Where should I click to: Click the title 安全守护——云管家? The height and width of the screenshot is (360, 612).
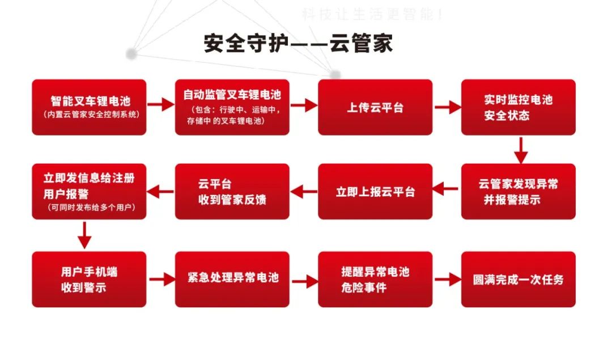click(x=298, y=44)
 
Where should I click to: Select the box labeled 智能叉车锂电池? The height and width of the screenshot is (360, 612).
click(x=89, y=107)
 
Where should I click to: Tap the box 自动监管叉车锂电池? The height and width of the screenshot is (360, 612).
click(x=232, y=107)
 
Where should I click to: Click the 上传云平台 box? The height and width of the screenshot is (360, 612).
click(x=375, y=107)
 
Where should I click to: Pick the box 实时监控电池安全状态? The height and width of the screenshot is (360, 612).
click(x=518, y=107)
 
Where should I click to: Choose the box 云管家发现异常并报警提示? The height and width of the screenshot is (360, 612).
click(x=518, y=192)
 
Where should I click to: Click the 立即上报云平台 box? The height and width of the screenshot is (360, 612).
click(x=375, y=192)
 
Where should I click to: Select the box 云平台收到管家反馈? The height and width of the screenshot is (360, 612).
click(x=232, y=192)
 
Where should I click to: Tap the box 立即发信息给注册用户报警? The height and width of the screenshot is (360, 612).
click(x=89, y=192)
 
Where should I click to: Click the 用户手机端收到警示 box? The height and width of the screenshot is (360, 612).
click(x=89, y=279)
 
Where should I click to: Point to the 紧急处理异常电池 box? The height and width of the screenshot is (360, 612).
click(x=232, y=279)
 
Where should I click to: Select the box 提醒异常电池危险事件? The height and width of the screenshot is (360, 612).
click(x=375, y=279)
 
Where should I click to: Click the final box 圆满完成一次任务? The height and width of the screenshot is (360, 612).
click(x=518, y=279)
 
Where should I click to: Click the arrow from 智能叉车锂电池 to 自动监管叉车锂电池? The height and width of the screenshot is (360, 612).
click(x=160, y=104)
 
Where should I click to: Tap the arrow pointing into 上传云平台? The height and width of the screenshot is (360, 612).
click(x=304, y=105)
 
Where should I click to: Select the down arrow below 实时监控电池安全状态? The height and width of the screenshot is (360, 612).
click(x=520, y=150)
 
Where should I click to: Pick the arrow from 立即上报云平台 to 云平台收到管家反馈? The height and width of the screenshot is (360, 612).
click(x=304, y=192)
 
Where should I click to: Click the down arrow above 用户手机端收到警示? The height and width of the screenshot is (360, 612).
click(x=84, y=235)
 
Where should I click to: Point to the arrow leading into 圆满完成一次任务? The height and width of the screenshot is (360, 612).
click(x=447, y=279)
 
